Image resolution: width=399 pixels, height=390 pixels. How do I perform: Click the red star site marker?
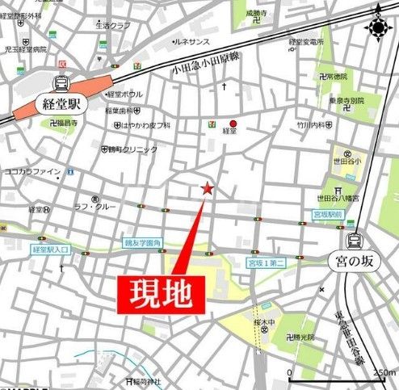[208, 189]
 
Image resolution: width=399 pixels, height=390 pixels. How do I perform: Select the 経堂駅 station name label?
[59, 103]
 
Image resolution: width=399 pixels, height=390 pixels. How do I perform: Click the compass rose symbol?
[377, 26]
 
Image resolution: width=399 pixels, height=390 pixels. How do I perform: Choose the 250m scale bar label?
[383, 372]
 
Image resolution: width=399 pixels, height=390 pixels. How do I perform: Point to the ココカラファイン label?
[33, 171]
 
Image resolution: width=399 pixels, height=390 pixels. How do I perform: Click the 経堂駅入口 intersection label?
[50, 250]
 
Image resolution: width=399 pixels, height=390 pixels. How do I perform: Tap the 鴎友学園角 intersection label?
[142, 241]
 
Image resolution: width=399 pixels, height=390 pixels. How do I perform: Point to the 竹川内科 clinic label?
[310, 126]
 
